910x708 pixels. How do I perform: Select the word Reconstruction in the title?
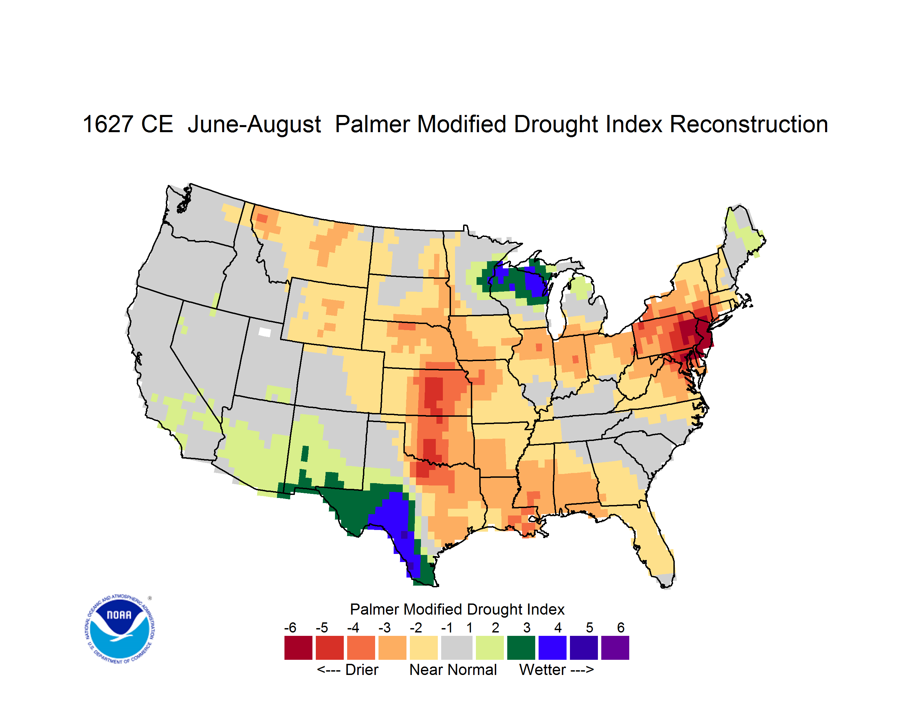[749, 124]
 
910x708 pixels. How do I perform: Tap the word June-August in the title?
[254, 124]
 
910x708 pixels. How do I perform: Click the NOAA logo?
[120, 629]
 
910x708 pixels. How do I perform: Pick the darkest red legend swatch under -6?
[298, 648]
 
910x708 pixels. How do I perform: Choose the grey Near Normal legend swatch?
[457, 648]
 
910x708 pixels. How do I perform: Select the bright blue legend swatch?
[552, 648]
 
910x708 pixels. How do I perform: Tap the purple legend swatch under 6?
[615, 648]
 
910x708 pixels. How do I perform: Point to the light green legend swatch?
[490, 648]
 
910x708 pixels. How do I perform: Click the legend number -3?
[385, 627]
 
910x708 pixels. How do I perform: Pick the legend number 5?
[589, 627]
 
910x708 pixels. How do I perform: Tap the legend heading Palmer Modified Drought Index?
[457, 609]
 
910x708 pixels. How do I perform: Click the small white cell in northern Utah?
[265, 332]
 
